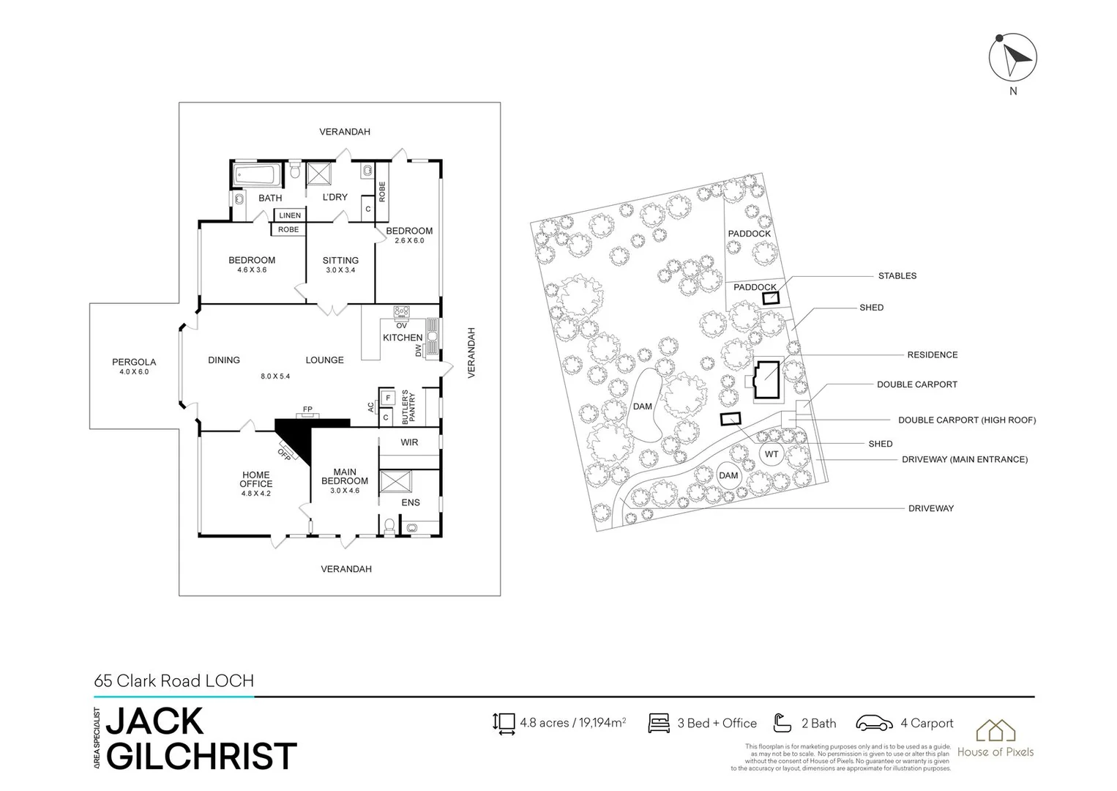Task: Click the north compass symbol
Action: coord(1013,58)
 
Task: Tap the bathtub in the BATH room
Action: coord(254,175)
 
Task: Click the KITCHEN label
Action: coord(403,338)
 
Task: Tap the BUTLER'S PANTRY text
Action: coord(409,406)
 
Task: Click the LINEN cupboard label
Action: coord(290,215)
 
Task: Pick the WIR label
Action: coord(409,442)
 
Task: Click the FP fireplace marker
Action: coord(307,409)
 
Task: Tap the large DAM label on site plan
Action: coord(643,406)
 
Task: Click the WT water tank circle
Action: coord(772,454)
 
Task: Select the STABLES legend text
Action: coord(897,276)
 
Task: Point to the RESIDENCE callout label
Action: coord(932,354)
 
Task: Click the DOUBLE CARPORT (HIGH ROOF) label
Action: coord(966,420)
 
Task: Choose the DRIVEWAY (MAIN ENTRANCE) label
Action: coord(965,460)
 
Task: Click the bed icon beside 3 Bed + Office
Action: coord(659,724)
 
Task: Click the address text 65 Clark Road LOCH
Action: coord(174,680)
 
